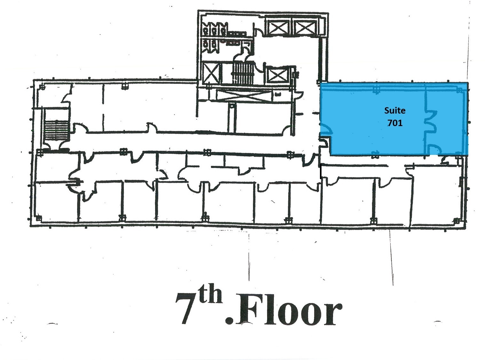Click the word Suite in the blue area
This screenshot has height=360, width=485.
(395, 110)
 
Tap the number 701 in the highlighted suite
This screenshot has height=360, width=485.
(395, 123)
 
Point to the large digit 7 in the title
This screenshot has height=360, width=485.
(186, 308)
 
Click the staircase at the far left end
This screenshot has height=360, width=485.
(56, 130)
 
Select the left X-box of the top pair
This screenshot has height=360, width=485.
(278, 28)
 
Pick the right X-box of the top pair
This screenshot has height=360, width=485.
(305, 28)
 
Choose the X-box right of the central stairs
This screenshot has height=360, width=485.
(278, 75)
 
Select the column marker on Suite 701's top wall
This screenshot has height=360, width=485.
(376, 90)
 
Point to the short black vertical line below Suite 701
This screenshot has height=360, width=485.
(321, 172)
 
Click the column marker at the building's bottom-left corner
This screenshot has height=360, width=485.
(38, 218)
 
